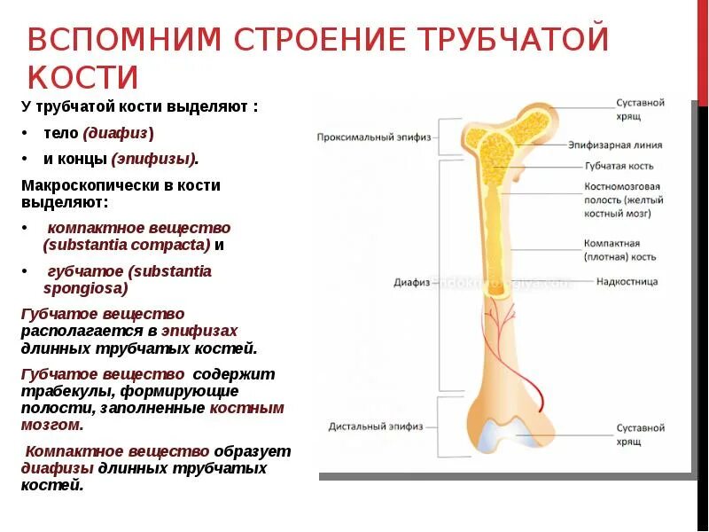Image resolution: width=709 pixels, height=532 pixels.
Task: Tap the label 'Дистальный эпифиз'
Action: (367, 426)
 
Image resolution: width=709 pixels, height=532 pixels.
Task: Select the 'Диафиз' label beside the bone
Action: (411, 283)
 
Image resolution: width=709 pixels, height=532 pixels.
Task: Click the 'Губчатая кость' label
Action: (619, 166)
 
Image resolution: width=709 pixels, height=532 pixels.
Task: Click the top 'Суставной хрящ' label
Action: (640, 109)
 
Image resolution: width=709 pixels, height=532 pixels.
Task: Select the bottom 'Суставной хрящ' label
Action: (640, 434)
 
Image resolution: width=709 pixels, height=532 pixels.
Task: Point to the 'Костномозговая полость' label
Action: (623, 199)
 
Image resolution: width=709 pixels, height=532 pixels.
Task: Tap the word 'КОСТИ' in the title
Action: (83, 78)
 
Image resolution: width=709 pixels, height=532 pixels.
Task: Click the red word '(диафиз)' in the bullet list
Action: (118, 133)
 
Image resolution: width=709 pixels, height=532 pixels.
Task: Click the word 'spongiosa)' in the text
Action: (85, 288)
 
